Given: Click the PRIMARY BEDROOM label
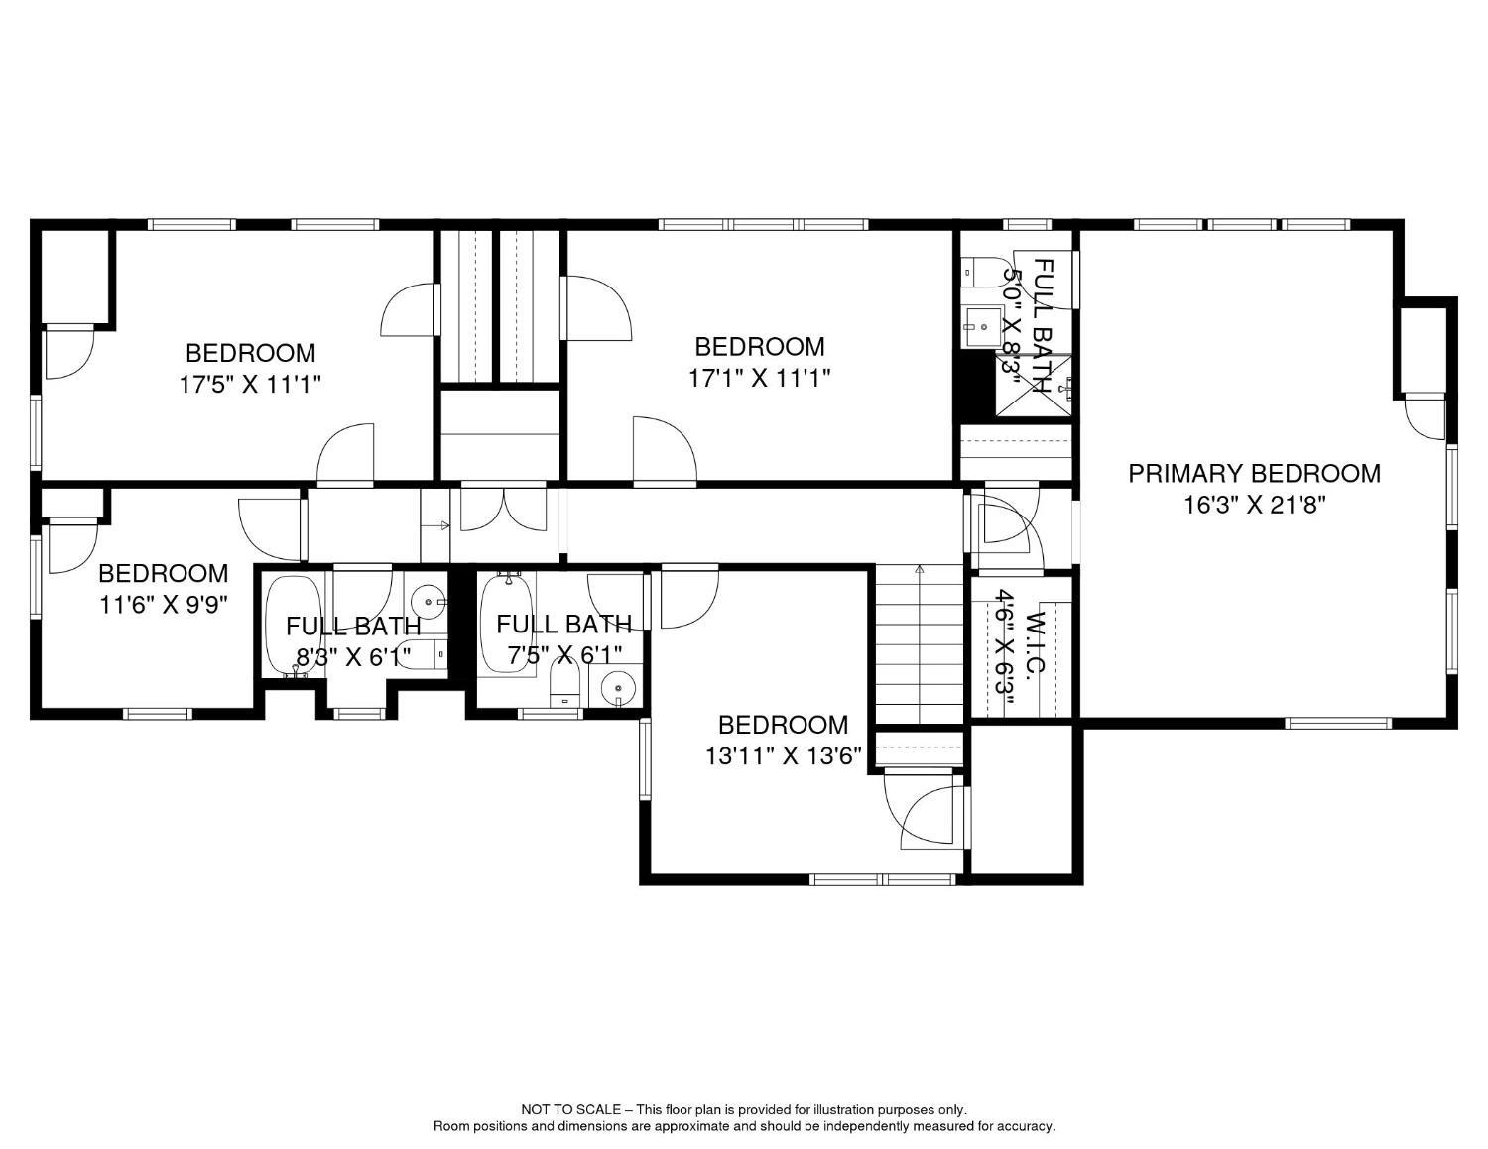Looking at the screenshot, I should pyautogui.click(x=1254, y=474).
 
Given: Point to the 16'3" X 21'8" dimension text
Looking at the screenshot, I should pyautogui.click(x=1255, y=505).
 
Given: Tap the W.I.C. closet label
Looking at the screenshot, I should pyautogui.click(x=1035, y=644).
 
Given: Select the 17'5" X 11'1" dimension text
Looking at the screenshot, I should pyautogui.click(x=251, y=384).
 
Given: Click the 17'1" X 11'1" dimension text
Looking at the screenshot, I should pyautogui.click(x=759, y=378).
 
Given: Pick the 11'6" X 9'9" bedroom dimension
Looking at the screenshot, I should pyautogui.click(x=164, y=604).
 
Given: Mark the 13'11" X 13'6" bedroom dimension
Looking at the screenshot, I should pyautogui.click(x=783, y=755).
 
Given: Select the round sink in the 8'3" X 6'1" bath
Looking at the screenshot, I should pyautogui.click(x=428, y=601).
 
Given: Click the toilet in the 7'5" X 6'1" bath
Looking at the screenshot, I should pyautogui.click(x=564, y=685).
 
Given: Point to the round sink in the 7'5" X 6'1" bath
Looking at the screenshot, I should pyautogui.click(x=617, y=687).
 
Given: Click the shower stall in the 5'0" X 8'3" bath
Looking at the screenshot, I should pyautogui.click(x=1034, y=387).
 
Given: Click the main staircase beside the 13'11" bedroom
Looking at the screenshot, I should pyautogui.click(x=919, y=644).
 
